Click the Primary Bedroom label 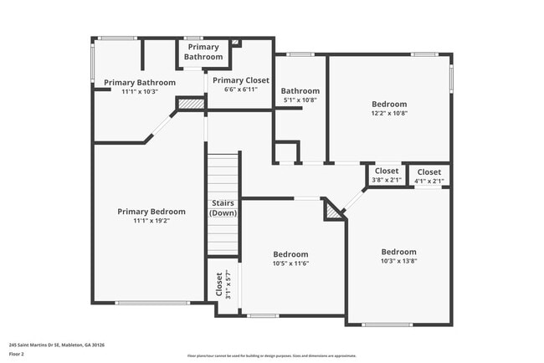tap(151, 212)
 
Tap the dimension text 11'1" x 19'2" tap(151, 221)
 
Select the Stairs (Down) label tap(223, 208)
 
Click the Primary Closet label tap(240, 80)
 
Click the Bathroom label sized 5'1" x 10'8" tap(300, 91)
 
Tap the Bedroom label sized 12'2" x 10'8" tap(389, 105)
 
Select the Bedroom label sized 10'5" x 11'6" tap(290, 254)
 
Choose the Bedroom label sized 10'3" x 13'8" tap(398, 252)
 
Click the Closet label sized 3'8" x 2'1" tap(386, 171)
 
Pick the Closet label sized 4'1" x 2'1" tap(429, 171)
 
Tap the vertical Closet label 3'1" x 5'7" tap(220, 284)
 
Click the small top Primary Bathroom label tap(203, 52)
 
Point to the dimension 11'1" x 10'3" tap(140, 91)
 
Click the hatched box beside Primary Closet tap(192, 105)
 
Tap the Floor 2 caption tap(17, 354)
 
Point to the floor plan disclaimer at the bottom tap(272, 356)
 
